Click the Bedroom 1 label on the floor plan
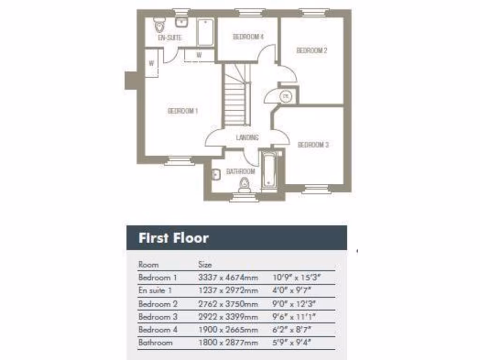coord(183,111)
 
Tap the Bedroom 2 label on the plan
coord(312,51)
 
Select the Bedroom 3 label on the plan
coord(313,145)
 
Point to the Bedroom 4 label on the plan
coord(248,37)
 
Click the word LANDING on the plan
coord(247,137)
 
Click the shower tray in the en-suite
coord(205,31)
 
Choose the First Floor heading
coord(173,238)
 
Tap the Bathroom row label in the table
coord(156,343)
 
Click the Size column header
coord(205,265)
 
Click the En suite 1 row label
coord(155,291)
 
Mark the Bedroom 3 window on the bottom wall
coord(316,189)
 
